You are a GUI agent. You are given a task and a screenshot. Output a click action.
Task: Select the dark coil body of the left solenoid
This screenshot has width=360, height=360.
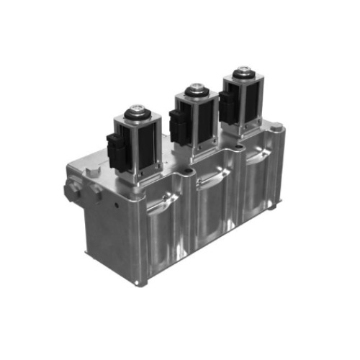pos(144,148)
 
